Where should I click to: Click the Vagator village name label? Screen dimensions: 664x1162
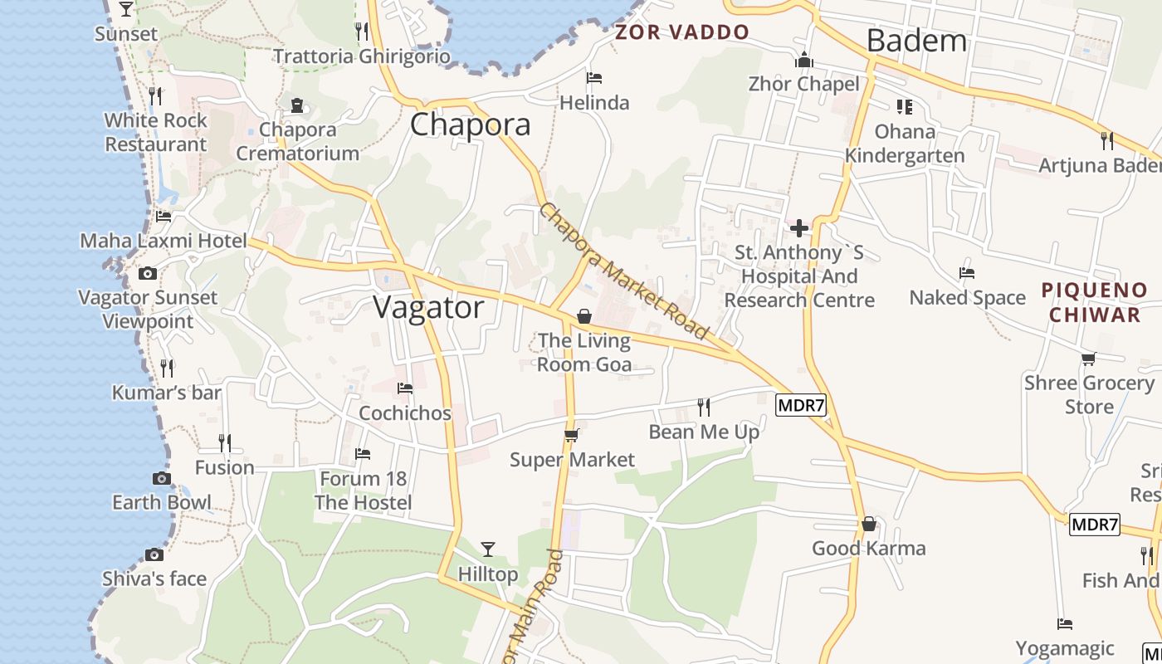tap(428, 308)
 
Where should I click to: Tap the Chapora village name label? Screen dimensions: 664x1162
tap(470, 124)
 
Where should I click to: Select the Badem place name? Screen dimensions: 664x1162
tap(916, 40)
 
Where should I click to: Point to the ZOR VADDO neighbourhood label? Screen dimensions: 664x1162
tap(681, 32)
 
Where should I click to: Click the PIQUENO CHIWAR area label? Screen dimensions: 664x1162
tap(1094, 302)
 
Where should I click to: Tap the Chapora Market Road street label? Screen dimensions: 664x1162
tap(624, 271)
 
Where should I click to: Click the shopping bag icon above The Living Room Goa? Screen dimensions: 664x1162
tap(584, 316)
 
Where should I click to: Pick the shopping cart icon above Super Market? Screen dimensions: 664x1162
tap(571, 435)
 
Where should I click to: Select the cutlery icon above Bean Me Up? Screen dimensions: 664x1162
tap(704, 407)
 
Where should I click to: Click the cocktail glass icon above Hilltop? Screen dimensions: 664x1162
tap(488, 549)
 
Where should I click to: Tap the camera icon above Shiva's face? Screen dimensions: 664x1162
tap(154, 554)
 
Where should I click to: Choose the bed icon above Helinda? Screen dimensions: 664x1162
tap(594, 78)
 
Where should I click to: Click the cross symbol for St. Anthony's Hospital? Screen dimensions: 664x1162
tap(799, 227)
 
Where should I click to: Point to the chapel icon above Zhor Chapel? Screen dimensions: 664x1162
tap(803, 60)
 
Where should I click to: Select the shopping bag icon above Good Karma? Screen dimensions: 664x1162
tap(868, 524)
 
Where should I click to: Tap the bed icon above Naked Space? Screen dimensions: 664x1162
tap(967, 273)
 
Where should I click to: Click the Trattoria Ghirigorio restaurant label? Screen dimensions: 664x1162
tap(362, 56)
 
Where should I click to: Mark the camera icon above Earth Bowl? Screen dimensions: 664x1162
tap(162, 478)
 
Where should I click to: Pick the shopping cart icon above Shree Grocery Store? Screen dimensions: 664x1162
tap(1088, 359)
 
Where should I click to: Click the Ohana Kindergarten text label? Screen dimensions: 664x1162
tap(905, 144)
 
